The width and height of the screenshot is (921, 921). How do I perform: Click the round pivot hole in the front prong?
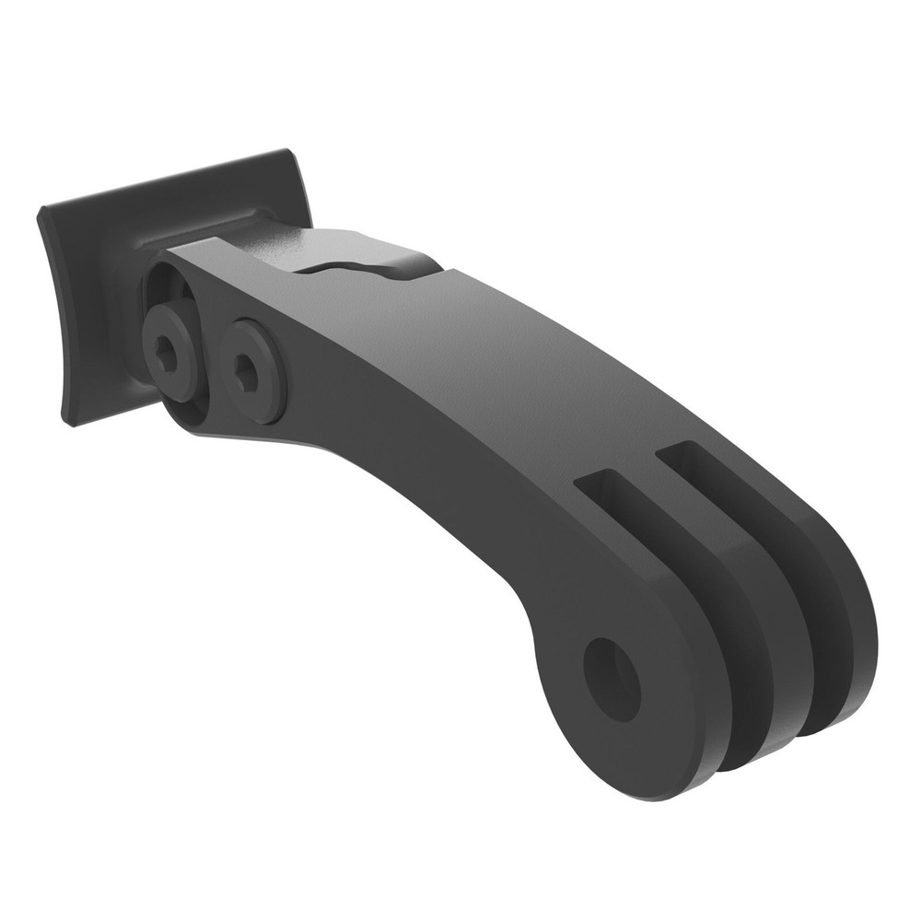click(x=612, y=680)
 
